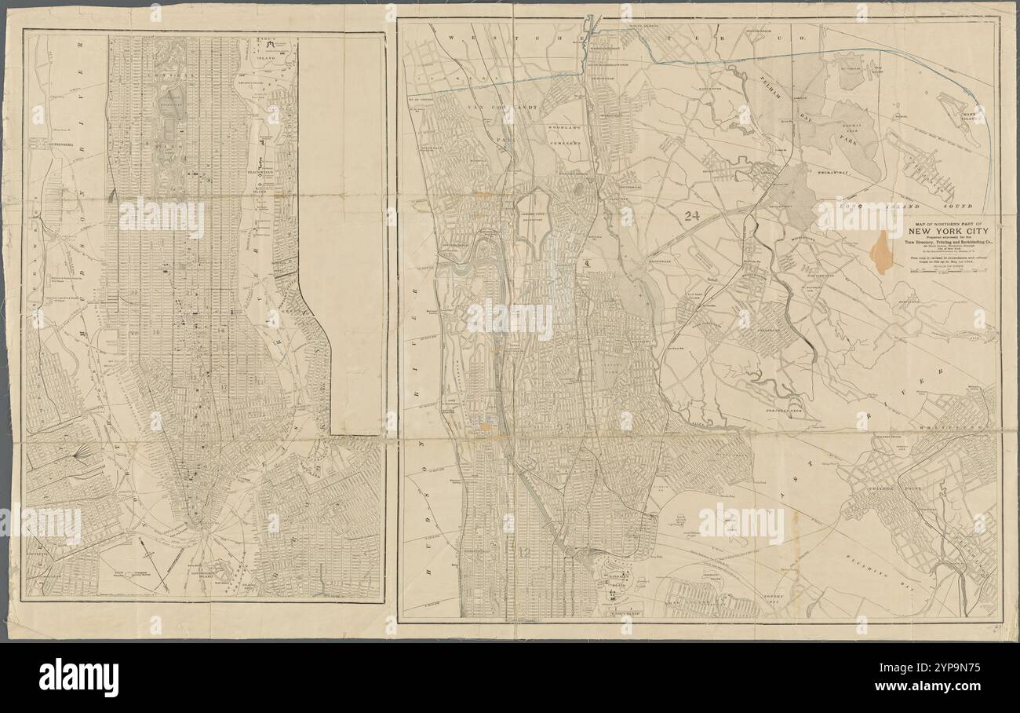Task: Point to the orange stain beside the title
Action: tap(882, 252)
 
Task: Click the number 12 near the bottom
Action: tap(523, 552)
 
